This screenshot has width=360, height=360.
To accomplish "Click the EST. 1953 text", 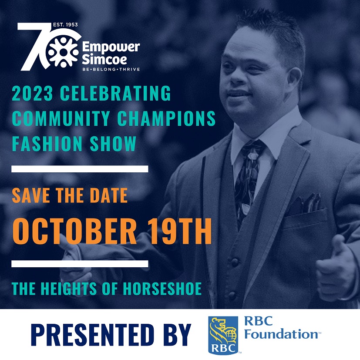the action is tap(65, 24).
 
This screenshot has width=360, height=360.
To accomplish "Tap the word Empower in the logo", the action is tap(111, 47).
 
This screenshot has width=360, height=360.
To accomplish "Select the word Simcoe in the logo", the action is tap(104, 59).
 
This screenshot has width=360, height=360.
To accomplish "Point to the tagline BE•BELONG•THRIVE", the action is tap(111, 69).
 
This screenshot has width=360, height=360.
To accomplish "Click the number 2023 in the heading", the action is tap(32, 93).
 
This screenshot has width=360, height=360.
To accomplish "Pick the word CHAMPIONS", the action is tap(166, 118).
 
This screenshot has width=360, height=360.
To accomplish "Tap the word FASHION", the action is tap(47, 144).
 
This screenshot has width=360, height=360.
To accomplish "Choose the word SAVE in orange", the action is tap(31, 195).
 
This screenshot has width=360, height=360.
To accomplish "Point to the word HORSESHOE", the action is tap(162, 288).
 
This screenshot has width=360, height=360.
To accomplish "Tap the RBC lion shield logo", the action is tap(223, 335).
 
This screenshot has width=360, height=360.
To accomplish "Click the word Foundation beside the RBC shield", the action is tap(281, 334).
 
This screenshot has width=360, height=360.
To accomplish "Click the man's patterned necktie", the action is tap(247, 182).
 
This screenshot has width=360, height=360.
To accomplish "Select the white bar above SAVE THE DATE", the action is tap(80, 169).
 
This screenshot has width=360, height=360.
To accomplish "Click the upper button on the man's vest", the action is tap(235, 262).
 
